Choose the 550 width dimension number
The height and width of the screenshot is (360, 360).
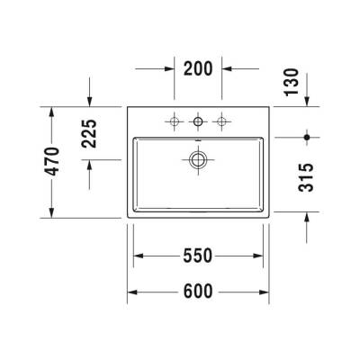pyautogui.click(x=198, y=256)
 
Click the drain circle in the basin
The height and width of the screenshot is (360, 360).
pyautogui.click(x=198, y=160)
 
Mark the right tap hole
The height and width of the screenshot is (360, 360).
pyautogui.click(x=220, y=120)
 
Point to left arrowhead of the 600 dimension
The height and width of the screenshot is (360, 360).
pyautogui.click(x=131, y=292)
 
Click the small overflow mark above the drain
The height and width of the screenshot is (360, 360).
pyautogui.click(x=198, y=141)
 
